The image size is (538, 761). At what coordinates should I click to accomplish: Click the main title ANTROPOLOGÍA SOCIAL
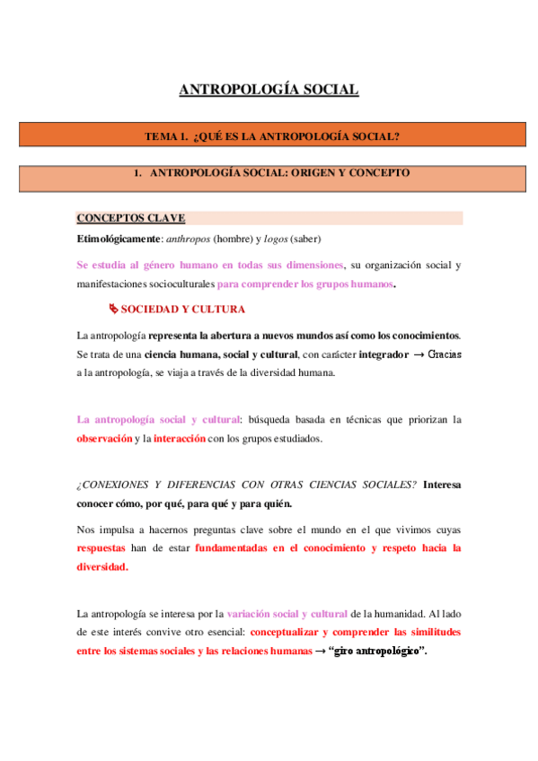pos(269,90)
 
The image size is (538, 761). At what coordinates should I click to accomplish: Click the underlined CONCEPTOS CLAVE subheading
pos(131,218)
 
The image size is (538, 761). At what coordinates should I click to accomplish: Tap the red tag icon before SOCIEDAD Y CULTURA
pos(113,309)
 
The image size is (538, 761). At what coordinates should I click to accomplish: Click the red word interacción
pos(180,438)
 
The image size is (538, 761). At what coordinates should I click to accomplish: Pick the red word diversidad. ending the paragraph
pos(102,566)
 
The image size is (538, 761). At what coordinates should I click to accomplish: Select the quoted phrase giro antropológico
pos(377,651)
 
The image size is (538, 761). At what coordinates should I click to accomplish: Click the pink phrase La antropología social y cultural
pos(158,419)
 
